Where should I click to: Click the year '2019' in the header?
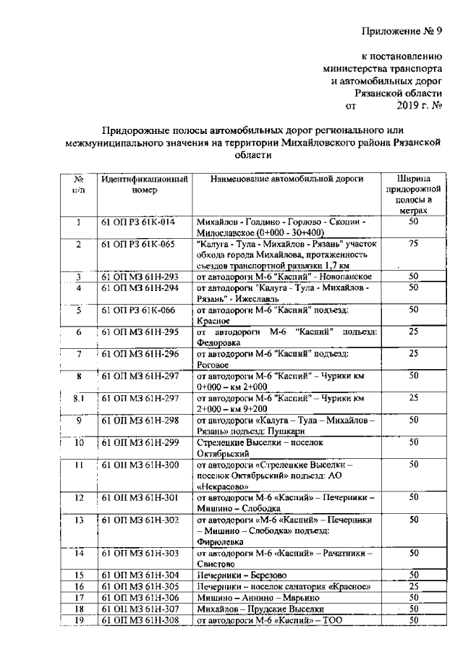411,106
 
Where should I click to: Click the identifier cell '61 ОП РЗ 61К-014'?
138,222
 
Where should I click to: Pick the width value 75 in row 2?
414,244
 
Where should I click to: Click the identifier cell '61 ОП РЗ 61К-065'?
138,244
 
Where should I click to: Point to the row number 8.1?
78,397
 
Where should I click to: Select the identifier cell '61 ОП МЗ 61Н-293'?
140,276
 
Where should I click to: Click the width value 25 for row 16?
414,586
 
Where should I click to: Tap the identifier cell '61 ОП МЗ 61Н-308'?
140,620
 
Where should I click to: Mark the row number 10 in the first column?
78,442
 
